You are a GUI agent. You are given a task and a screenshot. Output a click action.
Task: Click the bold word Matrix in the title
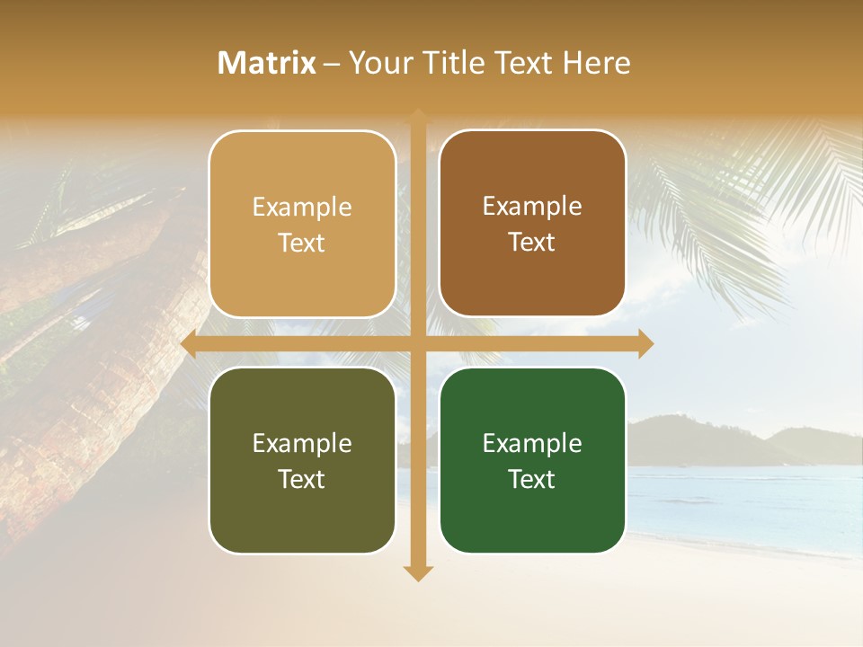(x=267, y=63)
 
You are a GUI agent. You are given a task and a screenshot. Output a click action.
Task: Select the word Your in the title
(x=377, y=63)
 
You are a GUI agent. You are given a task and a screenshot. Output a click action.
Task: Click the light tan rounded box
(x=302, y=224)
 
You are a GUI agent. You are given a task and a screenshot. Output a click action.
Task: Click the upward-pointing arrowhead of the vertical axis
(x=418, y=117)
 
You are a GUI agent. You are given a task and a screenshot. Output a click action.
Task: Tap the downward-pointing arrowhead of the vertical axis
(x=418, y=572)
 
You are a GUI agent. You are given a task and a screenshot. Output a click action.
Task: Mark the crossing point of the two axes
(x=418, y=344)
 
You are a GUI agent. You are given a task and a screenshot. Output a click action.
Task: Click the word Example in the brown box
(x=532, y=206)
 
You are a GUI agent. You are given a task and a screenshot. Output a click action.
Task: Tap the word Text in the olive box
(x=301, y=479)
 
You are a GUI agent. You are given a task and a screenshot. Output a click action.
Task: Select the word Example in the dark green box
(x=532, y=443)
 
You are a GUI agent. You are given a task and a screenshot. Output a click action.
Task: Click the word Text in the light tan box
(x=301, y=243)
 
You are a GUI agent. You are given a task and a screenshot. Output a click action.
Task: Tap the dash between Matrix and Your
(x=332, y=64)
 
